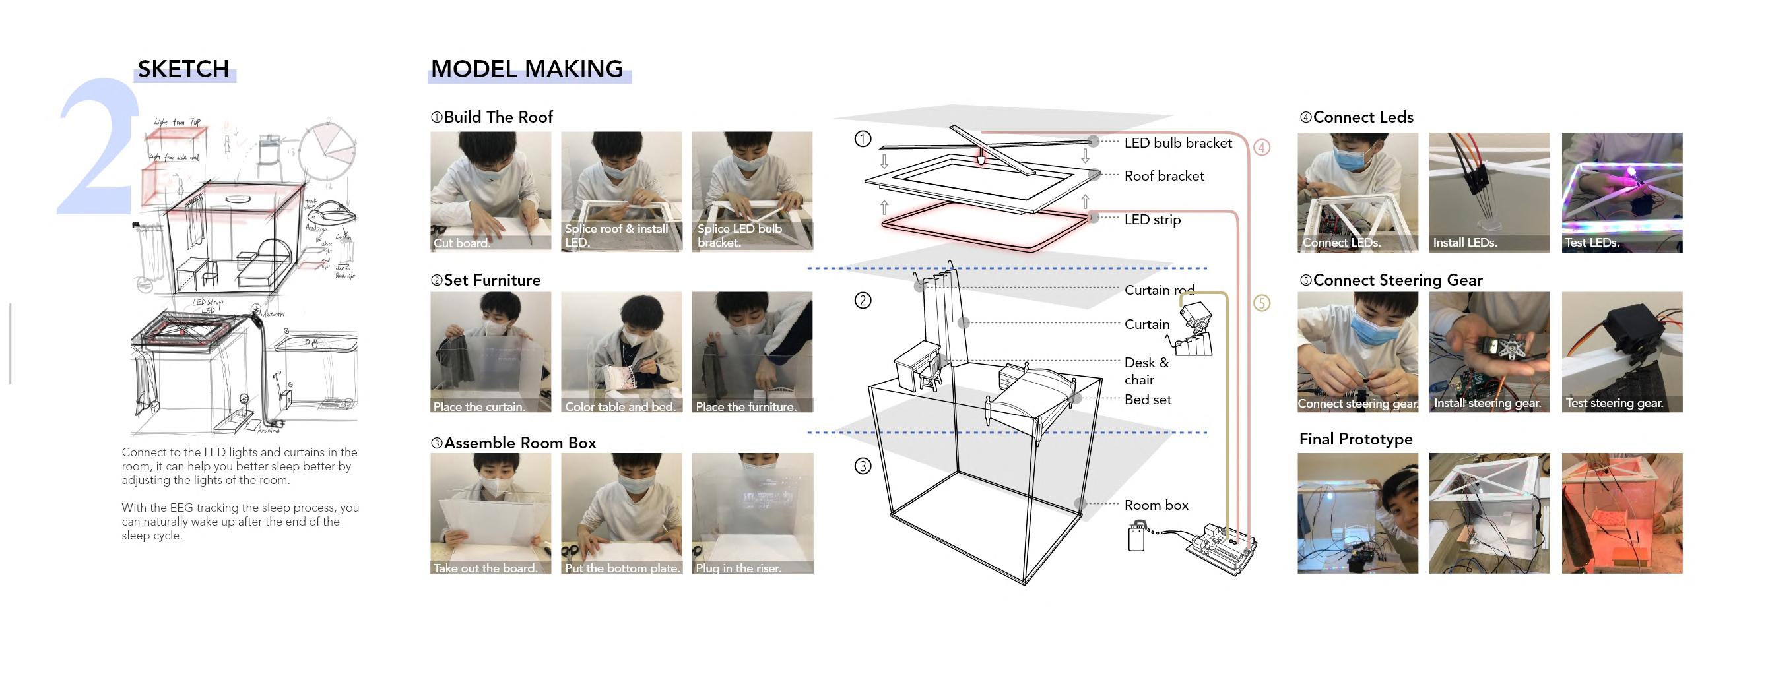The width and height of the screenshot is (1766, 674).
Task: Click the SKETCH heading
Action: [183, 69]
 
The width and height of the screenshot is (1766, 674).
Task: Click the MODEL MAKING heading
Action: [527, 69]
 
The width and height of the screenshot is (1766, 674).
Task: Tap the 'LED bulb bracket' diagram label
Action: [1178, 143]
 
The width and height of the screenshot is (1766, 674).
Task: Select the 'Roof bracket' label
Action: [1164, 176]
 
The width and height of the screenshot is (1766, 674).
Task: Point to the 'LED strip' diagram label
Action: [1152, 220]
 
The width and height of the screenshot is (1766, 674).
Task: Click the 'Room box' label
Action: [1156, 505]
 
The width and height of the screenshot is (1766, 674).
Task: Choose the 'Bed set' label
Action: [1148, 400]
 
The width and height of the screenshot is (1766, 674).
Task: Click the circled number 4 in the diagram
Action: [1261, 147]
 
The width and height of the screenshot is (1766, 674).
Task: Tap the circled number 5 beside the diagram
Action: [1261, 303]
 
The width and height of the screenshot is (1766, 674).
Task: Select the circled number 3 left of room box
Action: [863, 466]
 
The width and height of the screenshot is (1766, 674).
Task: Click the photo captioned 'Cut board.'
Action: [490, 192]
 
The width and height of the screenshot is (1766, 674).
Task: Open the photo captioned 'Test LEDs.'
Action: [1621, 193]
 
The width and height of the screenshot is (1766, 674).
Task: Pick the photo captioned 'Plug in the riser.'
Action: [752, 513]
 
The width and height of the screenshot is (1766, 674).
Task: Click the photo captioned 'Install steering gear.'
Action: [1489, 352]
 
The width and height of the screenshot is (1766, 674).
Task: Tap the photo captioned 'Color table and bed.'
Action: [621, 352]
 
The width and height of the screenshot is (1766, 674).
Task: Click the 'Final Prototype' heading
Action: [1356, 439]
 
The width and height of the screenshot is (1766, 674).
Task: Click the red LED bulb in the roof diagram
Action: [981, 159]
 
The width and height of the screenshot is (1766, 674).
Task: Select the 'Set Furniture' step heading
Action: [492, 280]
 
